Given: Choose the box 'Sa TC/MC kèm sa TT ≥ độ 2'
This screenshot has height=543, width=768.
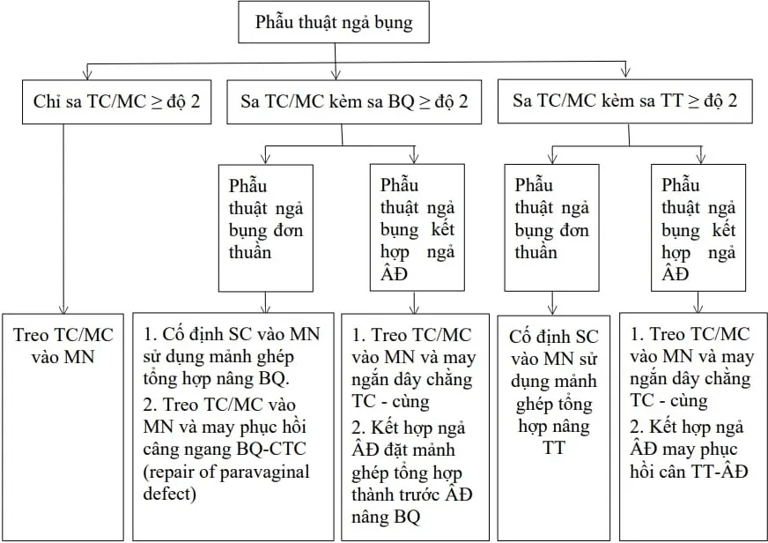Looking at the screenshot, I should click(625, 101).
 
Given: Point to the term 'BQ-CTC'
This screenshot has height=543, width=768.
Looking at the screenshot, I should click(276, 450).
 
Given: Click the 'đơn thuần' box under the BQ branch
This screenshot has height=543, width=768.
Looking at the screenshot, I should click(262, 227).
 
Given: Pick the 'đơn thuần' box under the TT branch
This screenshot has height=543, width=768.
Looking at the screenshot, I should click(551, 227).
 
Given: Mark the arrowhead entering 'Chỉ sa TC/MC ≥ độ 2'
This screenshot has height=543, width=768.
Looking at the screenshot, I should click(86, 74).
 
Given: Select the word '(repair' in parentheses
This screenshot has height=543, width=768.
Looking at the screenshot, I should click(166, 472).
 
